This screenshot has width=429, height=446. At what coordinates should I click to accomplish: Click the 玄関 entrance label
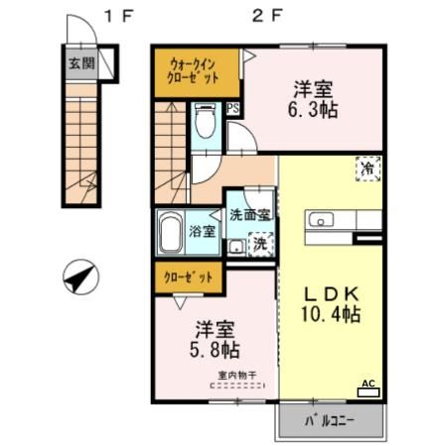click(x=81, y=63)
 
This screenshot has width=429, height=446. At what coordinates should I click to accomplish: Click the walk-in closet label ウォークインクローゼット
click(x=195, y=70)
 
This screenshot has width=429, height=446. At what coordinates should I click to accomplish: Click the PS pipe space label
click(x=233, y=109)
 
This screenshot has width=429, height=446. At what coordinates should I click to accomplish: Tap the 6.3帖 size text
click(x=310, y=110)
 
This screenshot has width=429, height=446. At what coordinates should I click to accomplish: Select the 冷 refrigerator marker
click(x=368, y=168)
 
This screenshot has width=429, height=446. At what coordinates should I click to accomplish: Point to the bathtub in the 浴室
click(x=171, y=235)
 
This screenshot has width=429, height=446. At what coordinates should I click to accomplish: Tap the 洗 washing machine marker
click(x=258, y=243)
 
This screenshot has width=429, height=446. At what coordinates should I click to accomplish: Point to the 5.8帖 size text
click(x=214, y=349)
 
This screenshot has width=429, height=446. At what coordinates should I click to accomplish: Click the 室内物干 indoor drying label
click(x=237, y=376)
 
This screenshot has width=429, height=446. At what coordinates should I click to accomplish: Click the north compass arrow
click(x=79, y=276)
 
